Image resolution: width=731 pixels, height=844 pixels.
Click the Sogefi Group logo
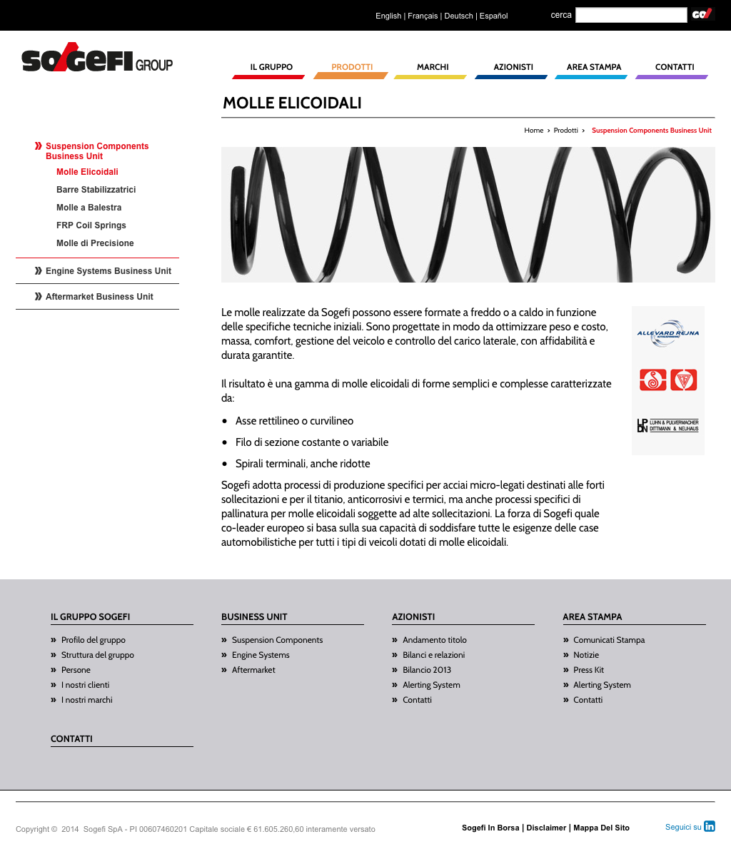(97, 61)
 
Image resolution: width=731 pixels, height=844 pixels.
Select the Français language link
(423, 16)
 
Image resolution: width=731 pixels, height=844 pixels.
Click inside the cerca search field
(630, 15)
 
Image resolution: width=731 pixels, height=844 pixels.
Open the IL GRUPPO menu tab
(271, 67)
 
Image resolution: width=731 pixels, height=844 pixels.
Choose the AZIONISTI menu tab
(513, 67)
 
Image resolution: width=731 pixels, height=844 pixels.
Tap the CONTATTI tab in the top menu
(675, 67)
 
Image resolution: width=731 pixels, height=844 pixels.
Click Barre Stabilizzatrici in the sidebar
(96, 190)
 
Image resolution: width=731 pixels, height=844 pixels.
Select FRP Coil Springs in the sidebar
(91, 225)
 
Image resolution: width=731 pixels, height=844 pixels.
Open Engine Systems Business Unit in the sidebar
(109, 271)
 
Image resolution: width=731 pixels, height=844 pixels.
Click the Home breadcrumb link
(533, 131)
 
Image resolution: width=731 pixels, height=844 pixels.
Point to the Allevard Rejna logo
(668, 334)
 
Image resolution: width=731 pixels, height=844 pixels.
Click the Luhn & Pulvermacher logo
(667, 426)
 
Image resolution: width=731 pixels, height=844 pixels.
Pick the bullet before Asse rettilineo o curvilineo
(225, 422)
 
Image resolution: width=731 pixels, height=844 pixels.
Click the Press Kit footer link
(588, 670)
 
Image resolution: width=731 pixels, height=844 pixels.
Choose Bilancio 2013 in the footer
(427, 670)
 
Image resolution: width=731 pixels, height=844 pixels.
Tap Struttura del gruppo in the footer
(98, 655)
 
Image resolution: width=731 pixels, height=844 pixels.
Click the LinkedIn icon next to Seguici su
(710, 826)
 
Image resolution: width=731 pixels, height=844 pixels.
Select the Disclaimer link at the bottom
(546, 828)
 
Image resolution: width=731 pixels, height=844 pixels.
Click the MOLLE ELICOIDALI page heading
(292, 103)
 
